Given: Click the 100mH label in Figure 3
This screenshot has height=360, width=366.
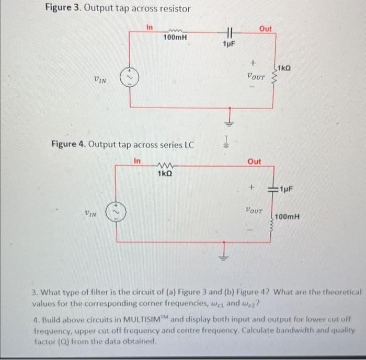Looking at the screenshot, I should click(176, 38).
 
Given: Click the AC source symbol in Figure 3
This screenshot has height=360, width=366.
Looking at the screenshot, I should click(129, 78).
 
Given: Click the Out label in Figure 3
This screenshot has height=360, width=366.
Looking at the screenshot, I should click(265, 29).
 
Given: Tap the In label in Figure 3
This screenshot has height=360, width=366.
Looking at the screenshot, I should click(149, 27).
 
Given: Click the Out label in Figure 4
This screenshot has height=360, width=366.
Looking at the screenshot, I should click(255, 161).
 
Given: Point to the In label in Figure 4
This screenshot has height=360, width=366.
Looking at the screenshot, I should click(138, 161).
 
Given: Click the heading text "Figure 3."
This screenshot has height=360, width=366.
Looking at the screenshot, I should click(62, 9).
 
